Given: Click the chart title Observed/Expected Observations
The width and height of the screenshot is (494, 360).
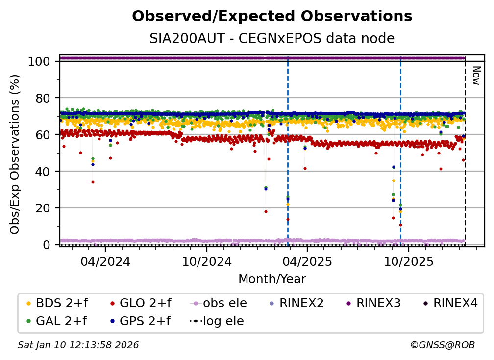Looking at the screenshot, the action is (x=272, y=16).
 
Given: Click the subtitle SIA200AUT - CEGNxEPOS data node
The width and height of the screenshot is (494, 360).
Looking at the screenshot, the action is (x=272, y=38).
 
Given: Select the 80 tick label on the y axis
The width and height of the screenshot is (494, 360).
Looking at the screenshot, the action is (x=43, y=98).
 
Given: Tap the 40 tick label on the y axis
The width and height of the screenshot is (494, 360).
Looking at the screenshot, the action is (x=43, y=172).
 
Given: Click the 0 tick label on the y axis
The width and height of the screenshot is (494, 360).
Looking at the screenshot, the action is (x=47, y=245).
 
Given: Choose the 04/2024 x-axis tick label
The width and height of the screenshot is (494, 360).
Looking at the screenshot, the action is (x=105, y=261).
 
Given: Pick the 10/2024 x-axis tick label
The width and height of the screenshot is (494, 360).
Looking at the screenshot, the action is (x=207, y=261).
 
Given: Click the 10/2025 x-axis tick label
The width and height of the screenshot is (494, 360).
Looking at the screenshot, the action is (x=409, y=261).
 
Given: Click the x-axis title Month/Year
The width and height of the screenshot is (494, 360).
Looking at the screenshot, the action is (x=272, y=279).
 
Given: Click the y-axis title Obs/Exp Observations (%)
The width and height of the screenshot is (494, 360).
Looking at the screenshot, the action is (x=15, y=154).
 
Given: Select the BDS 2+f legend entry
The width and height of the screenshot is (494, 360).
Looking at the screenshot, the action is (x=57, y=303).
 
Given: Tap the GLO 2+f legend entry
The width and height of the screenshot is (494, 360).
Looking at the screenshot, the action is (x=141, y=303).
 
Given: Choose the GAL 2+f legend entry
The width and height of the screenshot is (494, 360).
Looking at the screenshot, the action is (x=57, y=321).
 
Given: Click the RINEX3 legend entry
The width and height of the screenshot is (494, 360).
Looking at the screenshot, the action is (x=373, y=303).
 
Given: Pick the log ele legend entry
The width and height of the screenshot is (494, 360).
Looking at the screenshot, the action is (x=217, y=321).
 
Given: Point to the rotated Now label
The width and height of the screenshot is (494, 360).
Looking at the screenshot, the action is (x=476, y=76).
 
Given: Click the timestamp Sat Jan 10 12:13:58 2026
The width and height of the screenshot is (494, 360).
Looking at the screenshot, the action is (x=78, y=345).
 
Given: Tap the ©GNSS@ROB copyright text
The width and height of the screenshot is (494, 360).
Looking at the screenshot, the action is (x=443, y=345).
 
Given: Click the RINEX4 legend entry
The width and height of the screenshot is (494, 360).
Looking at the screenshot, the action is (x=450, y=303).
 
